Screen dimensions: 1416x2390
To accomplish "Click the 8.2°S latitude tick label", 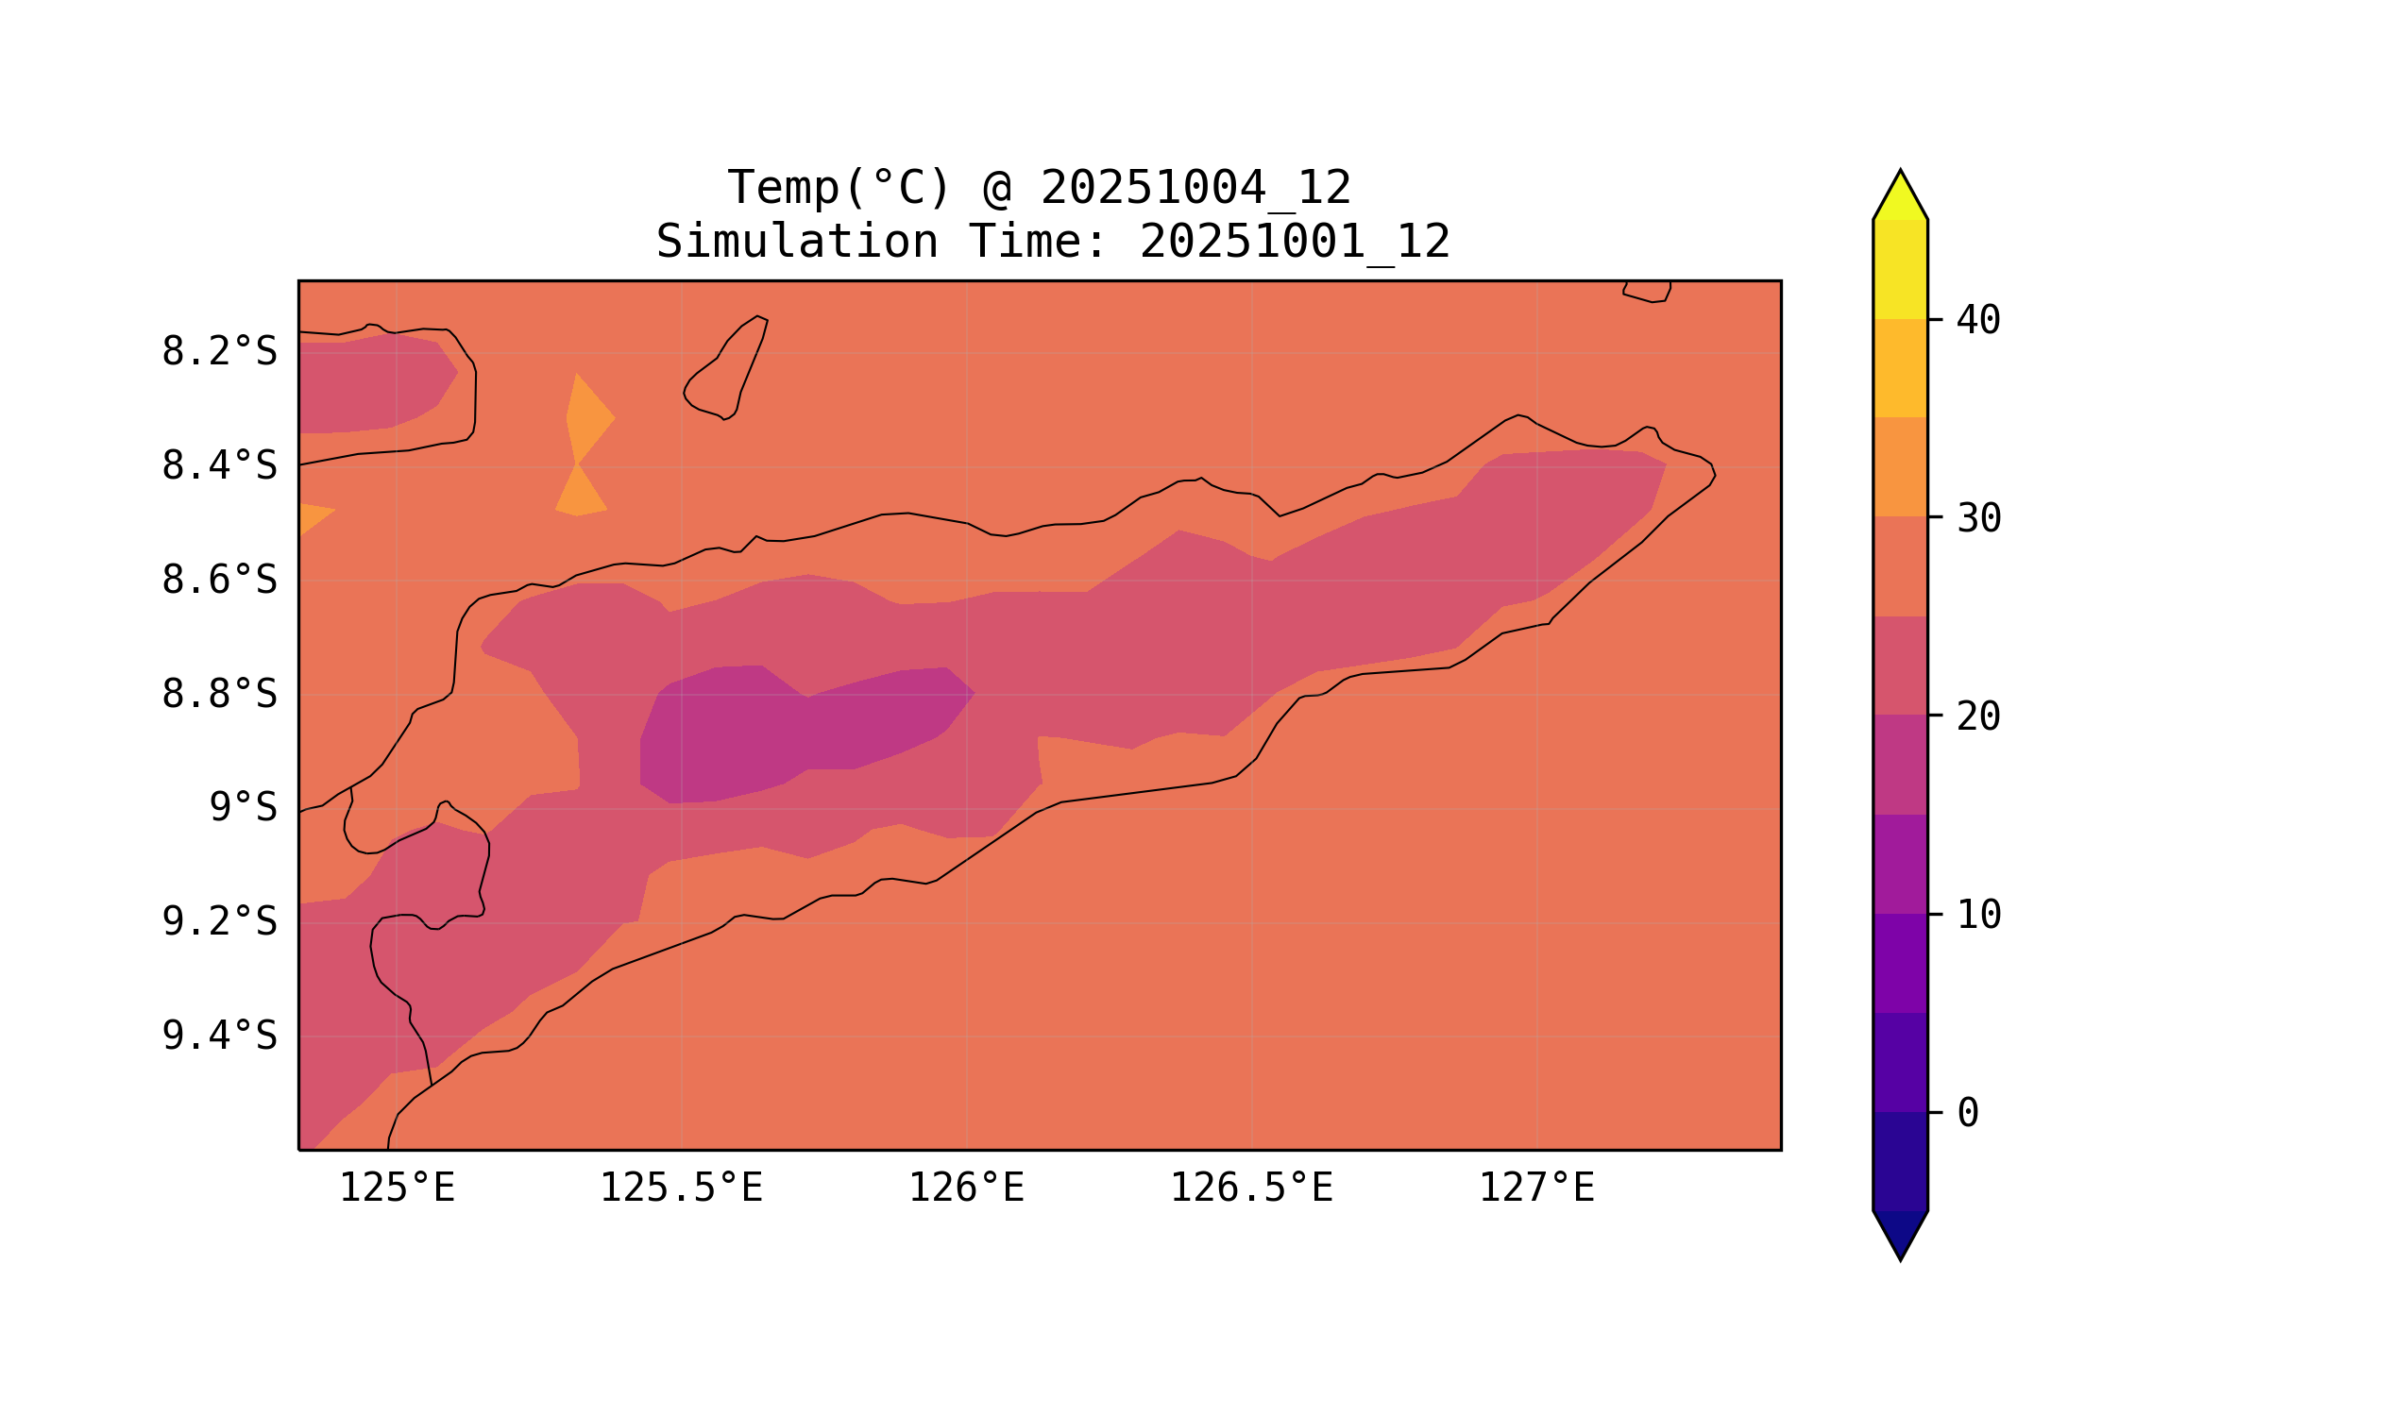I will pos(218,352).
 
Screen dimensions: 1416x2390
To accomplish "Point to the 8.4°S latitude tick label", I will pos(218,466).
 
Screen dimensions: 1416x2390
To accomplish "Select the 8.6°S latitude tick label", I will pos(218,581).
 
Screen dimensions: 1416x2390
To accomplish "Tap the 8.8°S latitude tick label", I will pos(218,695).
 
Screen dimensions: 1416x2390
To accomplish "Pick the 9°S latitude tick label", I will pos(243,808).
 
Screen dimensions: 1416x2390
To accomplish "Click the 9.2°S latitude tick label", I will pos(218,922).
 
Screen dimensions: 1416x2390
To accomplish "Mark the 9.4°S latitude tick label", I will pos(218,1037).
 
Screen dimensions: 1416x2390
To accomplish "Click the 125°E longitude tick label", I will pos(397,1188).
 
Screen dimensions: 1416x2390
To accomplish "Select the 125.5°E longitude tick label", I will pos(681,1188).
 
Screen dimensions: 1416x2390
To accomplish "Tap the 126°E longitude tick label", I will pos(966,1188).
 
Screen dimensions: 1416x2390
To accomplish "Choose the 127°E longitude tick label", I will pos(1535,1188).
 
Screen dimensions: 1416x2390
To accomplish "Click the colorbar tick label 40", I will pos(1977,321).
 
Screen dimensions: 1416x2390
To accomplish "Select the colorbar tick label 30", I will pos(1977,519).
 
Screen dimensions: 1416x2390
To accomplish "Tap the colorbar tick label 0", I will pos(1967,1114).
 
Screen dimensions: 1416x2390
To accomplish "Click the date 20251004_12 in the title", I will pos(1195,188).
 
